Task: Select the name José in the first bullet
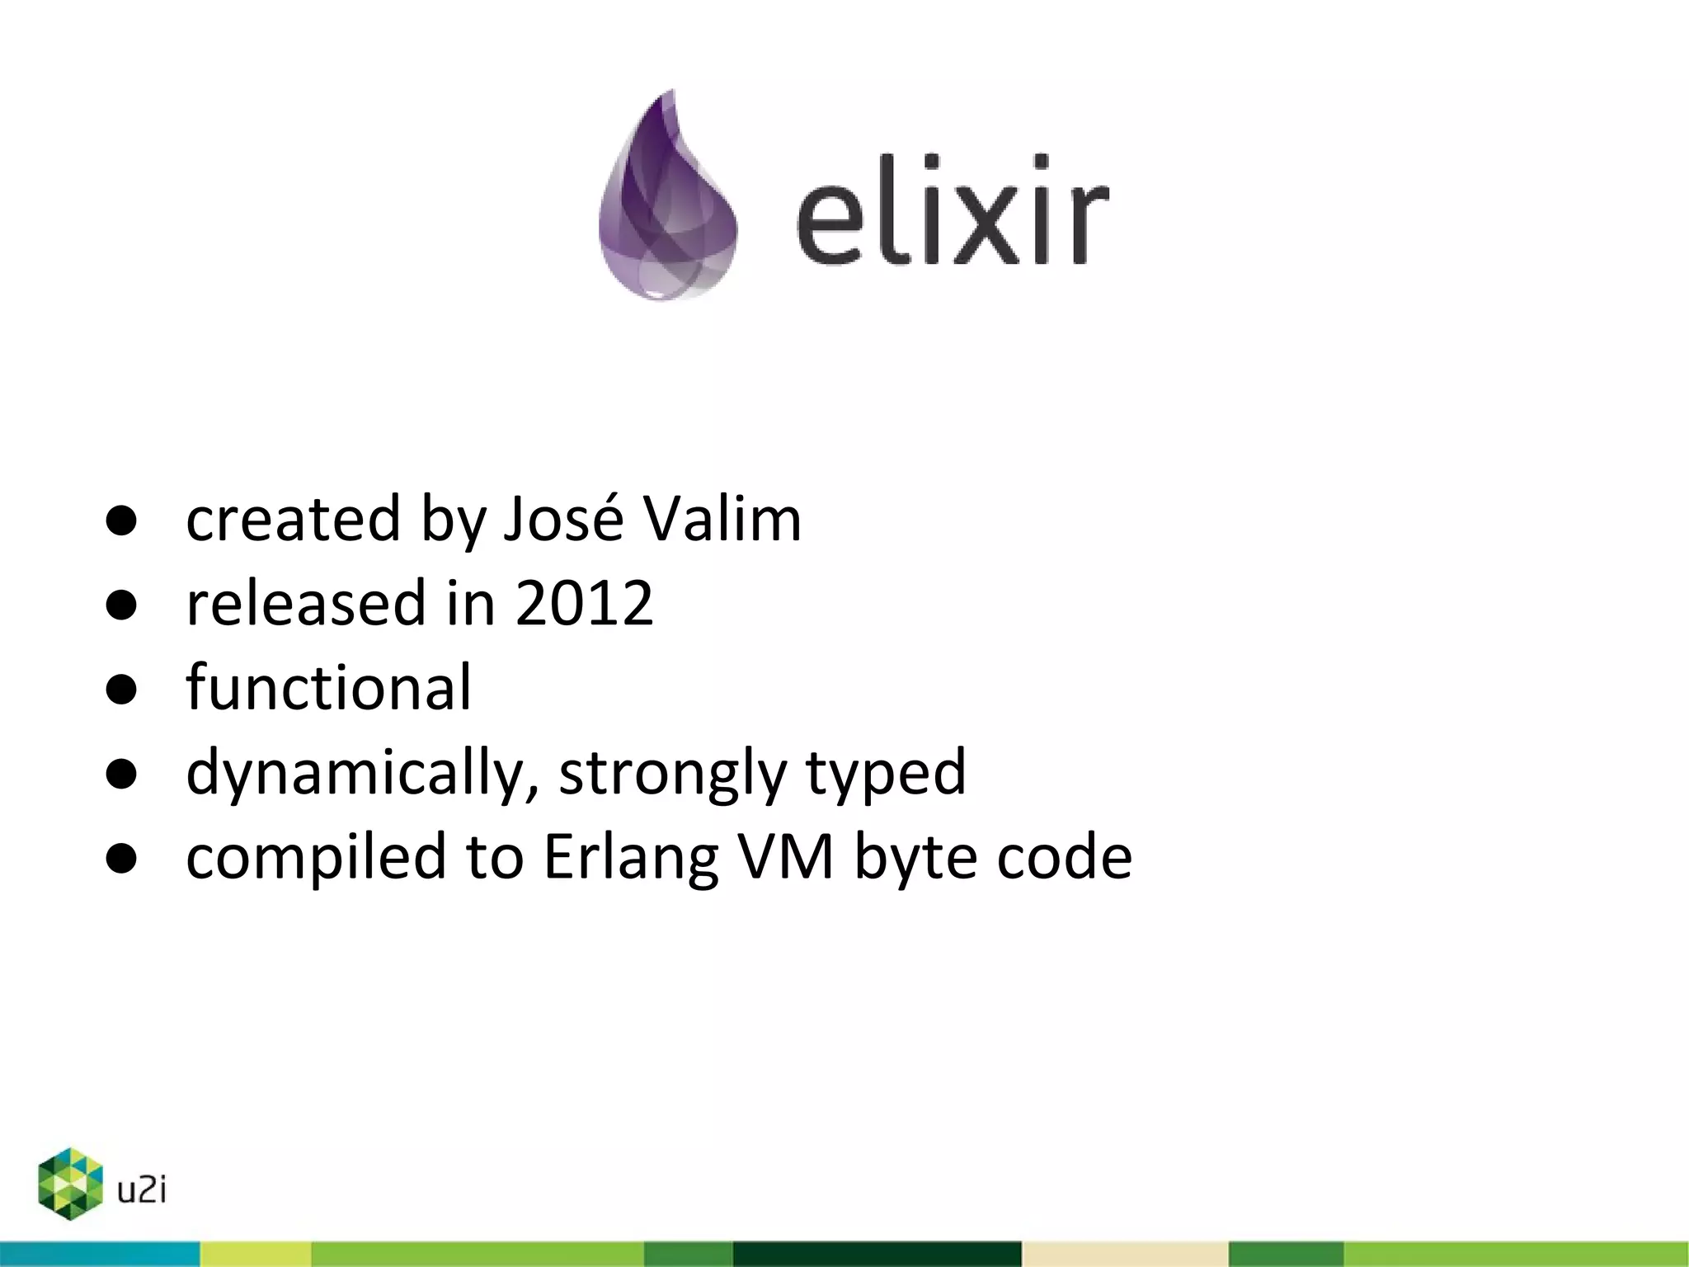(563, 520)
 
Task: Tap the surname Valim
(722, 520)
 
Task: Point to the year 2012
(584, 604)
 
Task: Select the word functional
(328, 688)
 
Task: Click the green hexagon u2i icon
(70, 1183)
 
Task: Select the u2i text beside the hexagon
(142, 1190)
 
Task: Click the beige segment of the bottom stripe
(1125, 1254)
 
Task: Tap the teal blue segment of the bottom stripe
(99, 1254)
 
